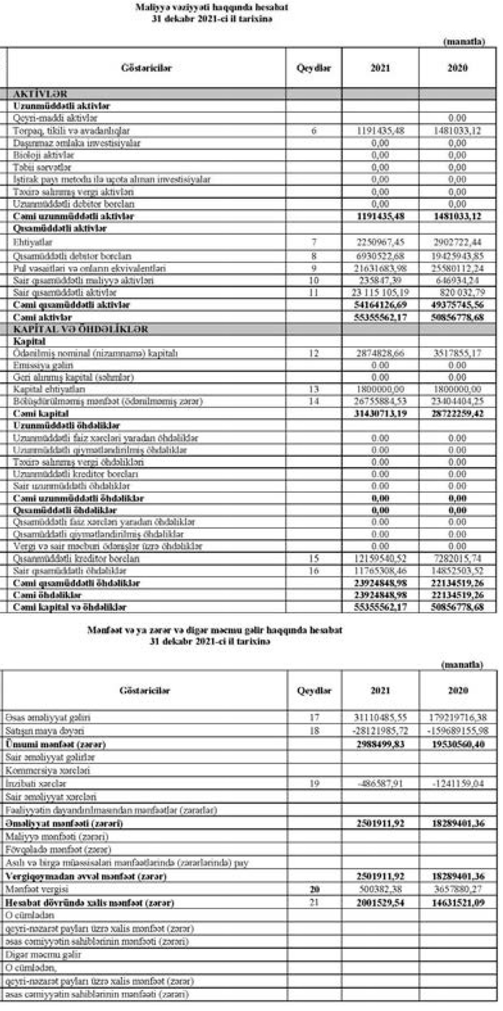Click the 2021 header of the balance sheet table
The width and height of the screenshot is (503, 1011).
380,68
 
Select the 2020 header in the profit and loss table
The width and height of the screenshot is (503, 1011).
458,691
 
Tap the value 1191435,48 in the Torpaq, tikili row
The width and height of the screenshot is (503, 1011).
380,131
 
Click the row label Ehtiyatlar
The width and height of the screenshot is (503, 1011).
33,242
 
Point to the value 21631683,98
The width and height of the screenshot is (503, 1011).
380,268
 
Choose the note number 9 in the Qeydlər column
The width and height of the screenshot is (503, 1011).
314,268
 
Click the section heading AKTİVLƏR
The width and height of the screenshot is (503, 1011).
40,94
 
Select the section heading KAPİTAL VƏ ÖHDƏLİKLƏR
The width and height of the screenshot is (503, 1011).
80,329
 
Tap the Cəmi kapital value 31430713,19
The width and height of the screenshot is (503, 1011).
380,414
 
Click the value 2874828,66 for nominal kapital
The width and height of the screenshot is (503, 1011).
380,353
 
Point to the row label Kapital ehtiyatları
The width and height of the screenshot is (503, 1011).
49,389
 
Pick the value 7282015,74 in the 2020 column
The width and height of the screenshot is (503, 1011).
457,559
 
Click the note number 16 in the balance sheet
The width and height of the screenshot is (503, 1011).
314,571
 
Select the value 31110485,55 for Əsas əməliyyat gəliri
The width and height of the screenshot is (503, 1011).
380,717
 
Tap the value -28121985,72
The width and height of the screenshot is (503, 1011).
380,731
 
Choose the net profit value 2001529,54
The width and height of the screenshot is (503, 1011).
380,903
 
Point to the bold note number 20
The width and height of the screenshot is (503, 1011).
314,890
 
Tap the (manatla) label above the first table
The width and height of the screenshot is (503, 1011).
463,42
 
